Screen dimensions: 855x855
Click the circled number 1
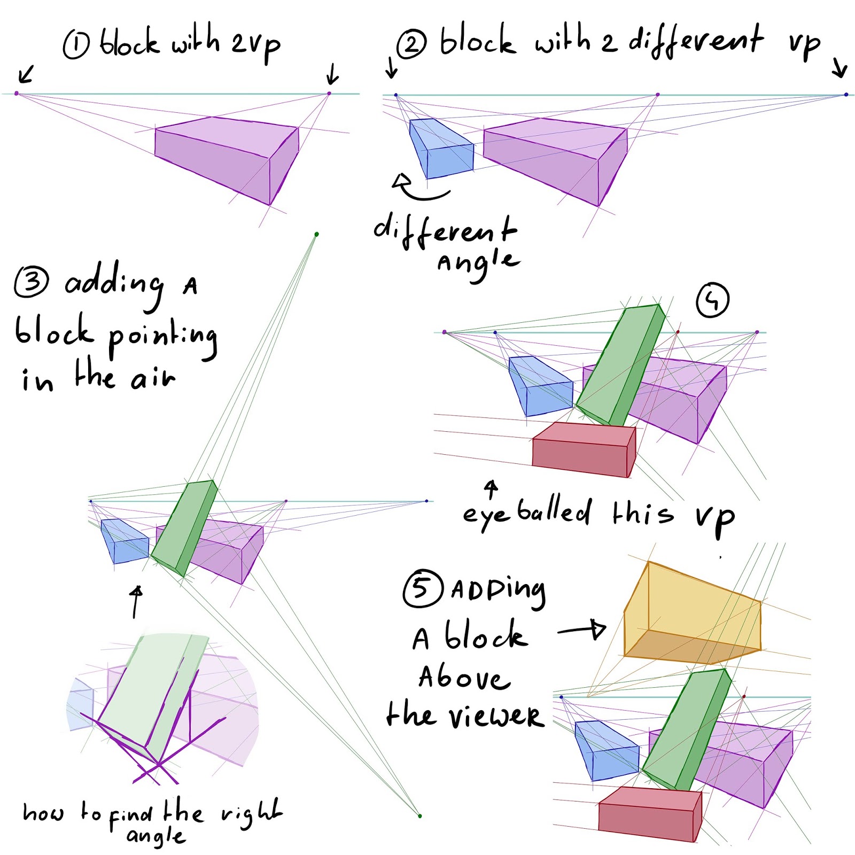[76, 45]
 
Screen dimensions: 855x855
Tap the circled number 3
[32, 281]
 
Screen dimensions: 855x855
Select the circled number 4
[712, 300]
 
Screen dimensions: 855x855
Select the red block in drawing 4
[582, 449]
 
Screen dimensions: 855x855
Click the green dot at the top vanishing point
[317, 234]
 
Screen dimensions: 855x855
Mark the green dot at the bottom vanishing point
[420, 816]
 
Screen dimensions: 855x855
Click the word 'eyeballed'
[526, 512]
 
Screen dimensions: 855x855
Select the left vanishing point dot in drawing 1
[17, 94]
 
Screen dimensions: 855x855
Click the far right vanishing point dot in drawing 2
[846, 95]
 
